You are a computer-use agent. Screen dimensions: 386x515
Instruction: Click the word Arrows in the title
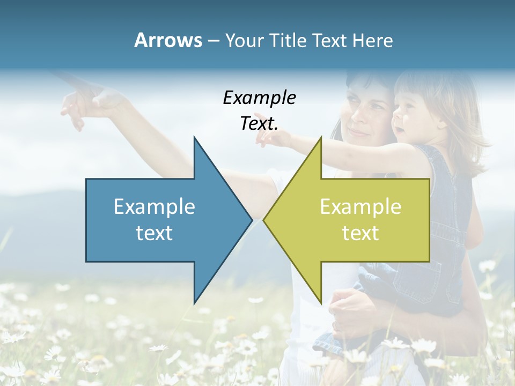pos(168,40)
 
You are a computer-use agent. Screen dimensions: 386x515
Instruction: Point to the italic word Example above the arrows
pos(259,98)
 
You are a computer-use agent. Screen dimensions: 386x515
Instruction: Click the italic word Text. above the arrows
pos(259,124)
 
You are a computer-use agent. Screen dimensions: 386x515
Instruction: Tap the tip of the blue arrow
pos(251,220)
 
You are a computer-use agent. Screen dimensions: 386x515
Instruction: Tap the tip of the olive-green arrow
pos(264,220)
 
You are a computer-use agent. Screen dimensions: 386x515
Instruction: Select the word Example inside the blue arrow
pos(154,207)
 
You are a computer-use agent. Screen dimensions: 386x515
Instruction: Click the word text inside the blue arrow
pos(154,233)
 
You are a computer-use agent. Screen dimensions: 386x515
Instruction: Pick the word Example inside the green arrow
pos(360,207)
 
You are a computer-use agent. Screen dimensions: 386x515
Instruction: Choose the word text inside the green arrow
pos(360,233)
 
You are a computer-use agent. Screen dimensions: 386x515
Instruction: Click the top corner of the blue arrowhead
pos(194,138)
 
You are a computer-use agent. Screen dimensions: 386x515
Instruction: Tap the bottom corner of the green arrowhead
pos(321,303)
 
